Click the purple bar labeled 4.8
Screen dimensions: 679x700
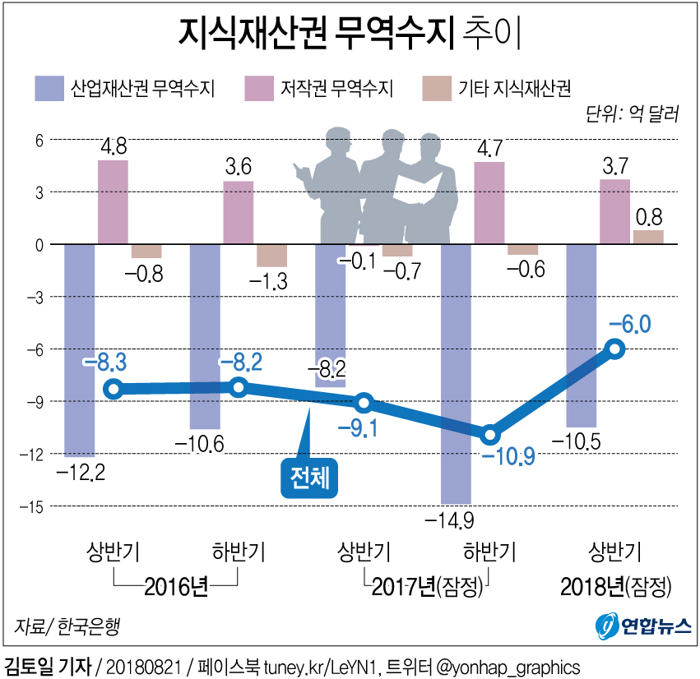(x=113, y=201)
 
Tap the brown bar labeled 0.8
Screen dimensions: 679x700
(x=647, y=237)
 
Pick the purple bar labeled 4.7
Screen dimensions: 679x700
(x=489, y=202)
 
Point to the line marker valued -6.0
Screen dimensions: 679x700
(x=614, y=349)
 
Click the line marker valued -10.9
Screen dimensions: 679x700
(x=489, y=434)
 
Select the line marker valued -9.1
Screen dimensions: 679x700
(x=364, y=403)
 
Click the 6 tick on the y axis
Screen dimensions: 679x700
(x=37, y=141)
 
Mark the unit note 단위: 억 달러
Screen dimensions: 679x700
(x=632, y=114)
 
